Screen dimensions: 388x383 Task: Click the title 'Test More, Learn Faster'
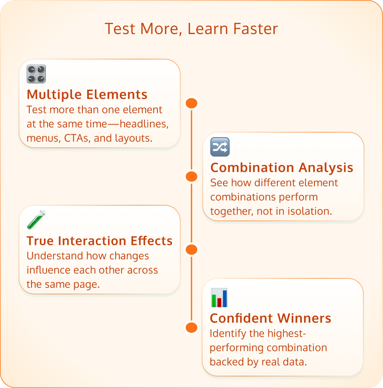191,29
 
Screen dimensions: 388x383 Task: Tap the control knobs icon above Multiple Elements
36,74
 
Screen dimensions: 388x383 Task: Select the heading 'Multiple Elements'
87,94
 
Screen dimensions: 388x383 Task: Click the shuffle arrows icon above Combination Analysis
220,147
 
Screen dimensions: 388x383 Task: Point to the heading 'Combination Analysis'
282,167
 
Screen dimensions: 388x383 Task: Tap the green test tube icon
36,220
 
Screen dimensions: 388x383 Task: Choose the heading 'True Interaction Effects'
99,241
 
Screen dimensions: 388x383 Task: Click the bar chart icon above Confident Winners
219,298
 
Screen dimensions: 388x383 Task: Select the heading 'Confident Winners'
270,318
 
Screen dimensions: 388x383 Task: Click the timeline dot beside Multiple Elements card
191,103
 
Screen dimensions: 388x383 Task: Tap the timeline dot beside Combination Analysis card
191,176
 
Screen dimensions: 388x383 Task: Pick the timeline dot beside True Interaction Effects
191,250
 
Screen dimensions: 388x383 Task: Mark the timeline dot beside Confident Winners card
191,327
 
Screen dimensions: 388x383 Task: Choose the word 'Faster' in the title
256,29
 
